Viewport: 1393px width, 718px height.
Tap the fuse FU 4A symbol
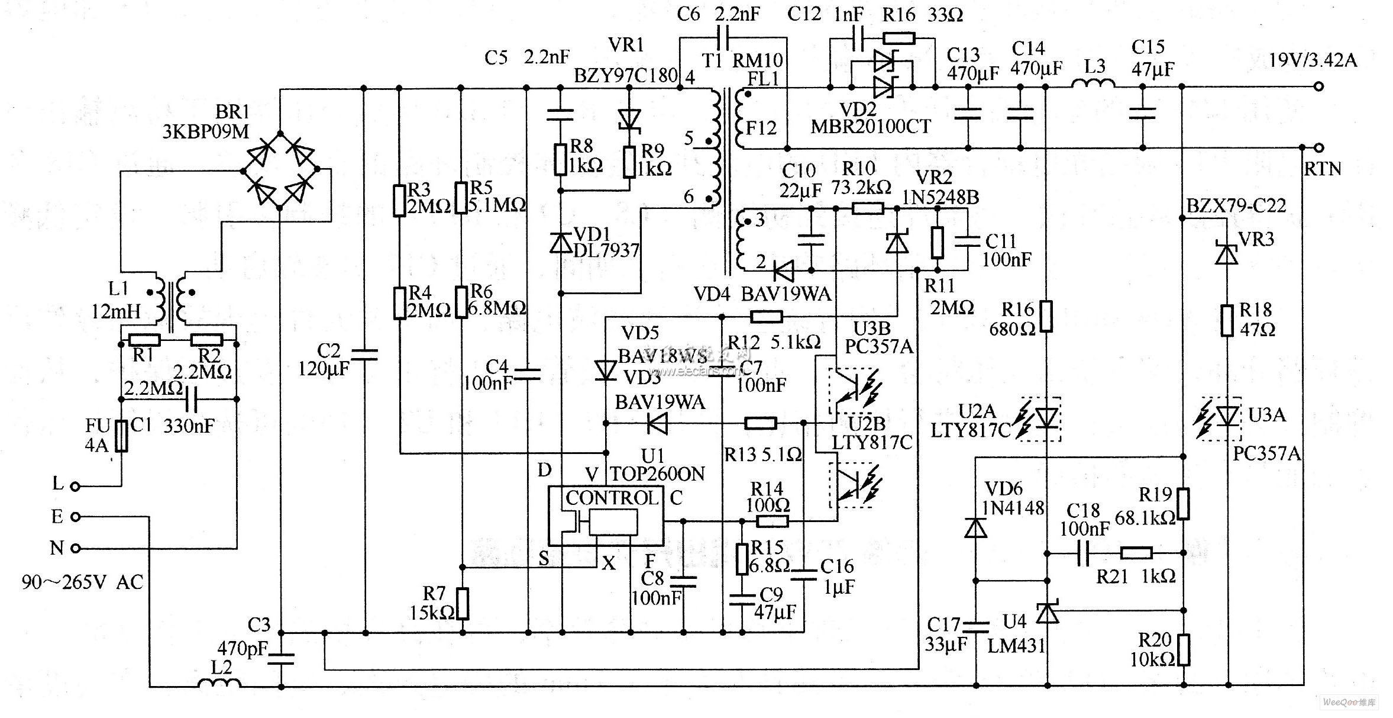121,436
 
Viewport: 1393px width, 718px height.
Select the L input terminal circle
75,487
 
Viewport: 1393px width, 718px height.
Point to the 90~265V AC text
82,582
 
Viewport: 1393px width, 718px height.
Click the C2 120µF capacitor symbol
365,355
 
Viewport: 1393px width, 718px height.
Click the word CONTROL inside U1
612,498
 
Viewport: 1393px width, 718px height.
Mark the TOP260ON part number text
657,474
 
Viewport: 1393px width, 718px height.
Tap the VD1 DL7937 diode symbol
561,243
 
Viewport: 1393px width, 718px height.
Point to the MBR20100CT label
870,127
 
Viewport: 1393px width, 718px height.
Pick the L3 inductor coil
1094,86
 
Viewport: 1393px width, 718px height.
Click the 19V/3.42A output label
1313,60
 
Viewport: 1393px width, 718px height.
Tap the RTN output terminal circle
1318,147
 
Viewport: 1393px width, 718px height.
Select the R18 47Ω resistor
1227,320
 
